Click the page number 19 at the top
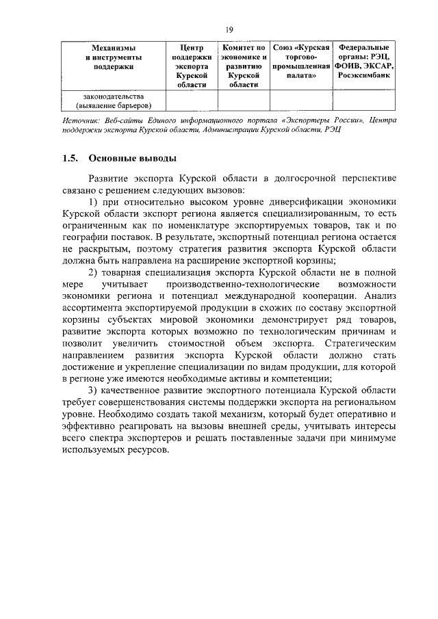tap(229, 29)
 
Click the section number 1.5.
tap(68, 159)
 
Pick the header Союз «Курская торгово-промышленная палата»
tap(302, 57)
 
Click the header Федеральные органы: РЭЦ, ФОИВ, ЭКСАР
tap(364, 57)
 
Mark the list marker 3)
tap(95, 391)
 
